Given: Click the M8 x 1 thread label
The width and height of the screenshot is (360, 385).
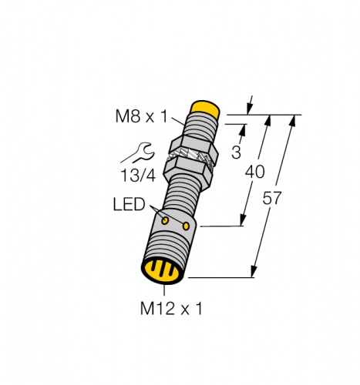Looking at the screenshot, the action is coord(141,116).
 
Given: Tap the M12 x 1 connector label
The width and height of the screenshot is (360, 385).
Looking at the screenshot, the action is coord(171,308).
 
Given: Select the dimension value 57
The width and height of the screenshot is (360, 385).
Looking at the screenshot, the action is coord(272,198).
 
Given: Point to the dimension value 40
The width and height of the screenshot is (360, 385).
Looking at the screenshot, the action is coord(254,172).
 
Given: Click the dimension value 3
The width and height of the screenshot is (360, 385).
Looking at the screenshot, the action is coord(236,152).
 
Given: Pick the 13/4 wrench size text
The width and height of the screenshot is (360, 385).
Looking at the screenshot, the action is coord(138,176).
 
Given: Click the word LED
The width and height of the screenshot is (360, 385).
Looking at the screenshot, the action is coord(130,204).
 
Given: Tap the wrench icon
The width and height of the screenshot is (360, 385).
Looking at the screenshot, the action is coord(138,152).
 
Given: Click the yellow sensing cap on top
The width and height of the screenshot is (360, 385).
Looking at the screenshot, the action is coord(205,109).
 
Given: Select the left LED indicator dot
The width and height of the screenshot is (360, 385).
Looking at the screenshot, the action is coord(165,220).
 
